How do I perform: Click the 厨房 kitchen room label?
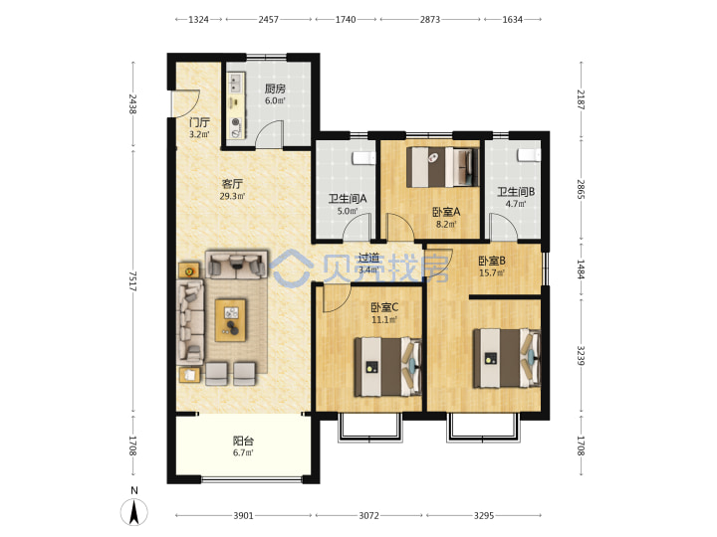point(275,89)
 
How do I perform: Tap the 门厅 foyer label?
point(199,122)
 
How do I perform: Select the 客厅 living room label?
point(232,184)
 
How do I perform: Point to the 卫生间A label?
point(348,199)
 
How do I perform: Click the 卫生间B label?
point(516,192)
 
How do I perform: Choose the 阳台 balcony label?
point(243,441)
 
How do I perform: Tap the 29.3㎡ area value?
point(232,196)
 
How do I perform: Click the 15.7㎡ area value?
point(492,273)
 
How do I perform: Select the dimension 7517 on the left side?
point(132,281)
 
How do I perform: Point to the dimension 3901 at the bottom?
point(243,515)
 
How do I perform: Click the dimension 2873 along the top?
point(430,19)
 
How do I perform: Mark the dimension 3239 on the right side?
point(581,356)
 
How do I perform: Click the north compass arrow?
point(134,512)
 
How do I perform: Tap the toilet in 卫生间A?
point(363,158)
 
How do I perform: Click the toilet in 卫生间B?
point(529,155)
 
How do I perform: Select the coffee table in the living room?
point(230,320)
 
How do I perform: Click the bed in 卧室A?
point(442,167)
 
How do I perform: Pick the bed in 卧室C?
point(387,366)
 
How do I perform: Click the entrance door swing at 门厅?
point(187,103)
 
